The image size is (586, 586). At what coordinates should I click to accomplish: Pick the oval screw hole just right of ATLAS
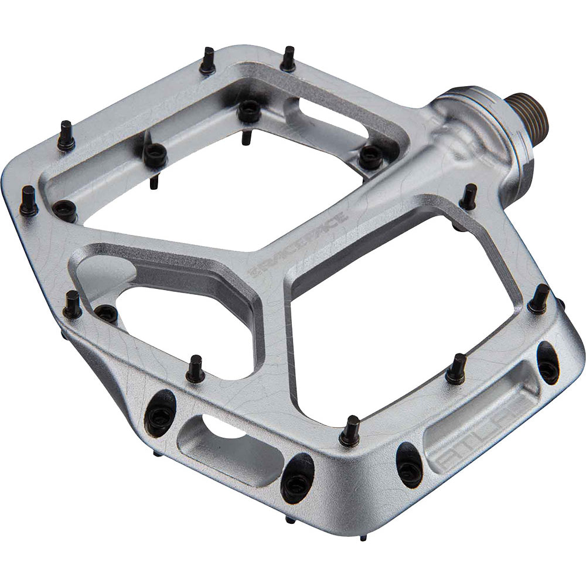point(547,363)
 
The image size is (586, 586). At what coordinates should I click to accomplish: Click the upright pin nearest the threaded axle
point(469,196)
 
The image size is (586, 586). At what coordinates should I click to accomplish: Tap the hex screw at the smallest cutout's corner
point(105,312)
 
